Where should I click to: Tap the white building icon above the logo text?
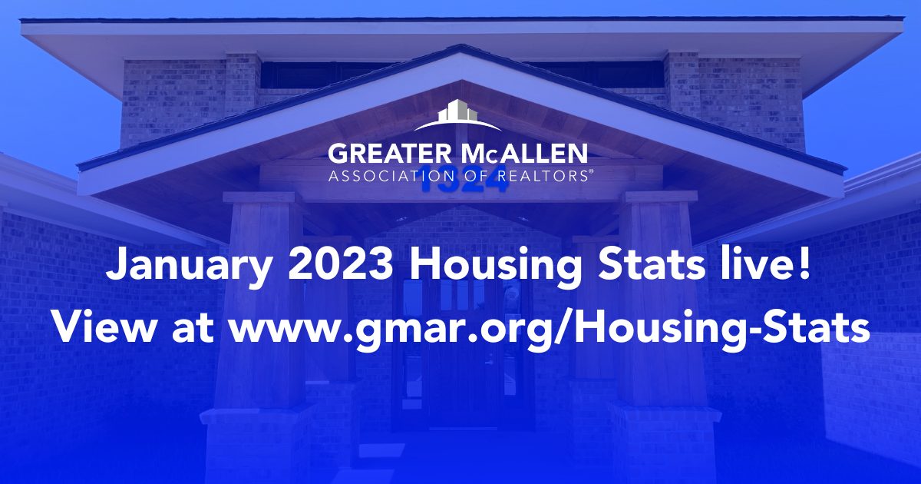click(457, 115)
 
